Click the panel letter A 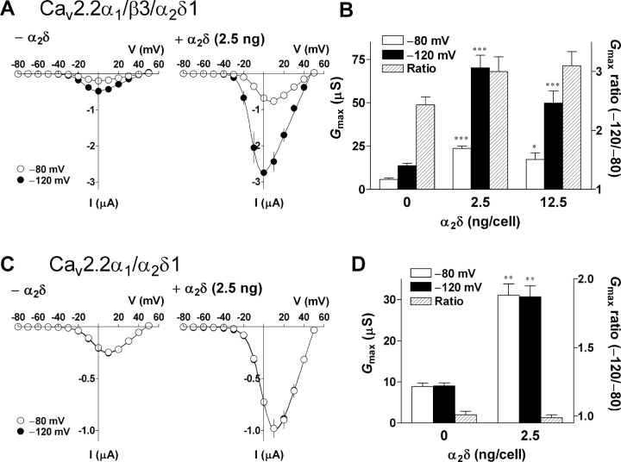point(9,11)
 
